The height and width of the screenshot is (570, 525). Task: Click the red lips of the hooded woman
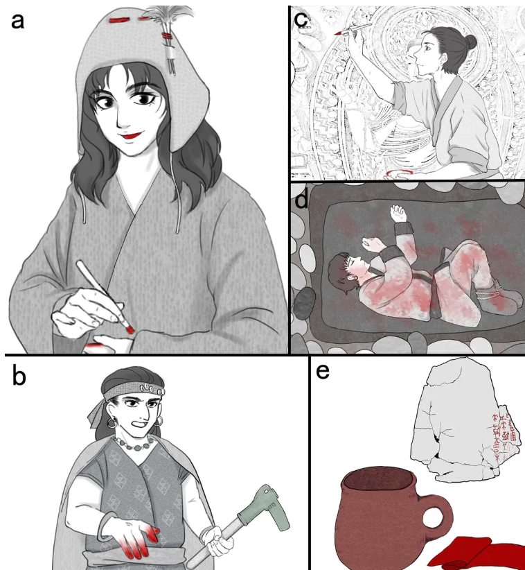click(x=127, y=136)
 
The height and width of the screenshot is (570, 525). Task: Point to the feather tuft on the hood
click(x=169, y=15)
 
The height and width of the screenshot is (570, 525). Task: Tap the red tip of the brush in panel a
click(x=130, y=325)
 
